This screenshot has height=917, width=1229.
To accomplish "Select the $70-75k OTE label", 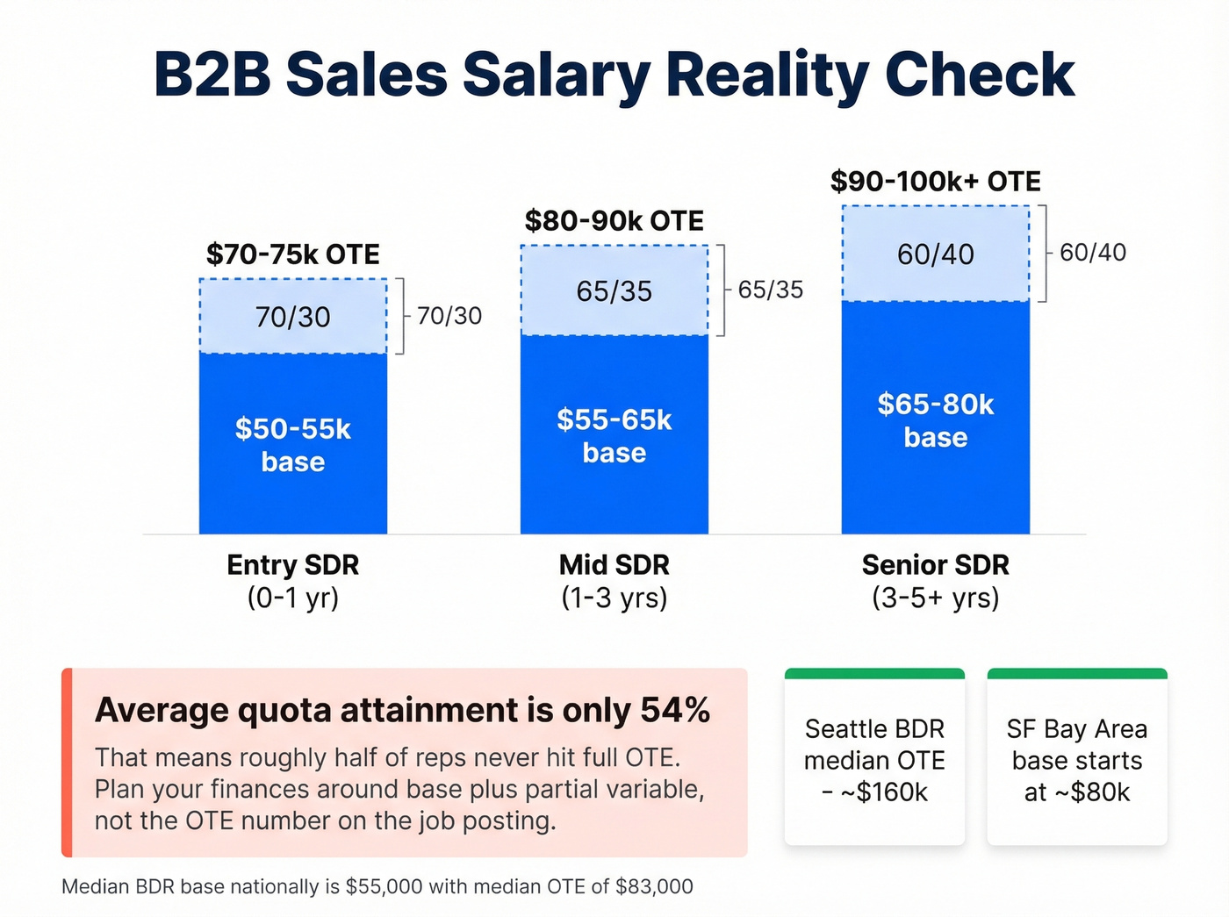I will coord(292,254).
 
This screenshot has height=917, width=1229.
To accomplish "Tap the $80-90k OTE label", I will coord(614,221).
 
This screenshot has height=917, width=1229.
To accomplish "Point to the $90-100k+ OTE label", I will coord(935,182).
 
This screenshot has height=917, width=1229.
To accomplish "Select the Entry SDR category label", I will coord(292,565).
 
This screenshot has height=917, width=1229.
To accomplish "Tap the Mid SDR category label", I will coord(614,565).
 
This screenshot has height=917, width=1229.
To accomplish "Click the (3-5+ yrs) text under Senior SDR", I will coord(935,598).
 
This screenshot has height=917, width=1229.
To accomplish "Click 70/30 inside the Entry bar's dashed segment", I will coord(292,317).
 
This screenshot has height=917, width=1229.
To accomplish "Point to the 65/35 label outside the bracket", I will coord(770,290).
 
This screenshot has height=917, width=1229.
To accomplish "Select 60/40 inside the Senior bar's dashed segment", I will coord(935,254).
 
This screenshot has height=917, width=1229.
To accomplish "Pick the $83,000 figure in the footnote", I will coord(654,887).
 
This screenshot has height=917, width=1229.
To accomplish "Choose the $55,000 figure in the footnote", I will coord(385,887).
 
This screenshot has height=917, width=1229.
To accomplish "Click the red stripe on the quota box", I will coord(67,763).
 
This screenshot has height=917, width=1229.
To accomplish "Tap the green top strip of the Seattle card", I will coord(874,674).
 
